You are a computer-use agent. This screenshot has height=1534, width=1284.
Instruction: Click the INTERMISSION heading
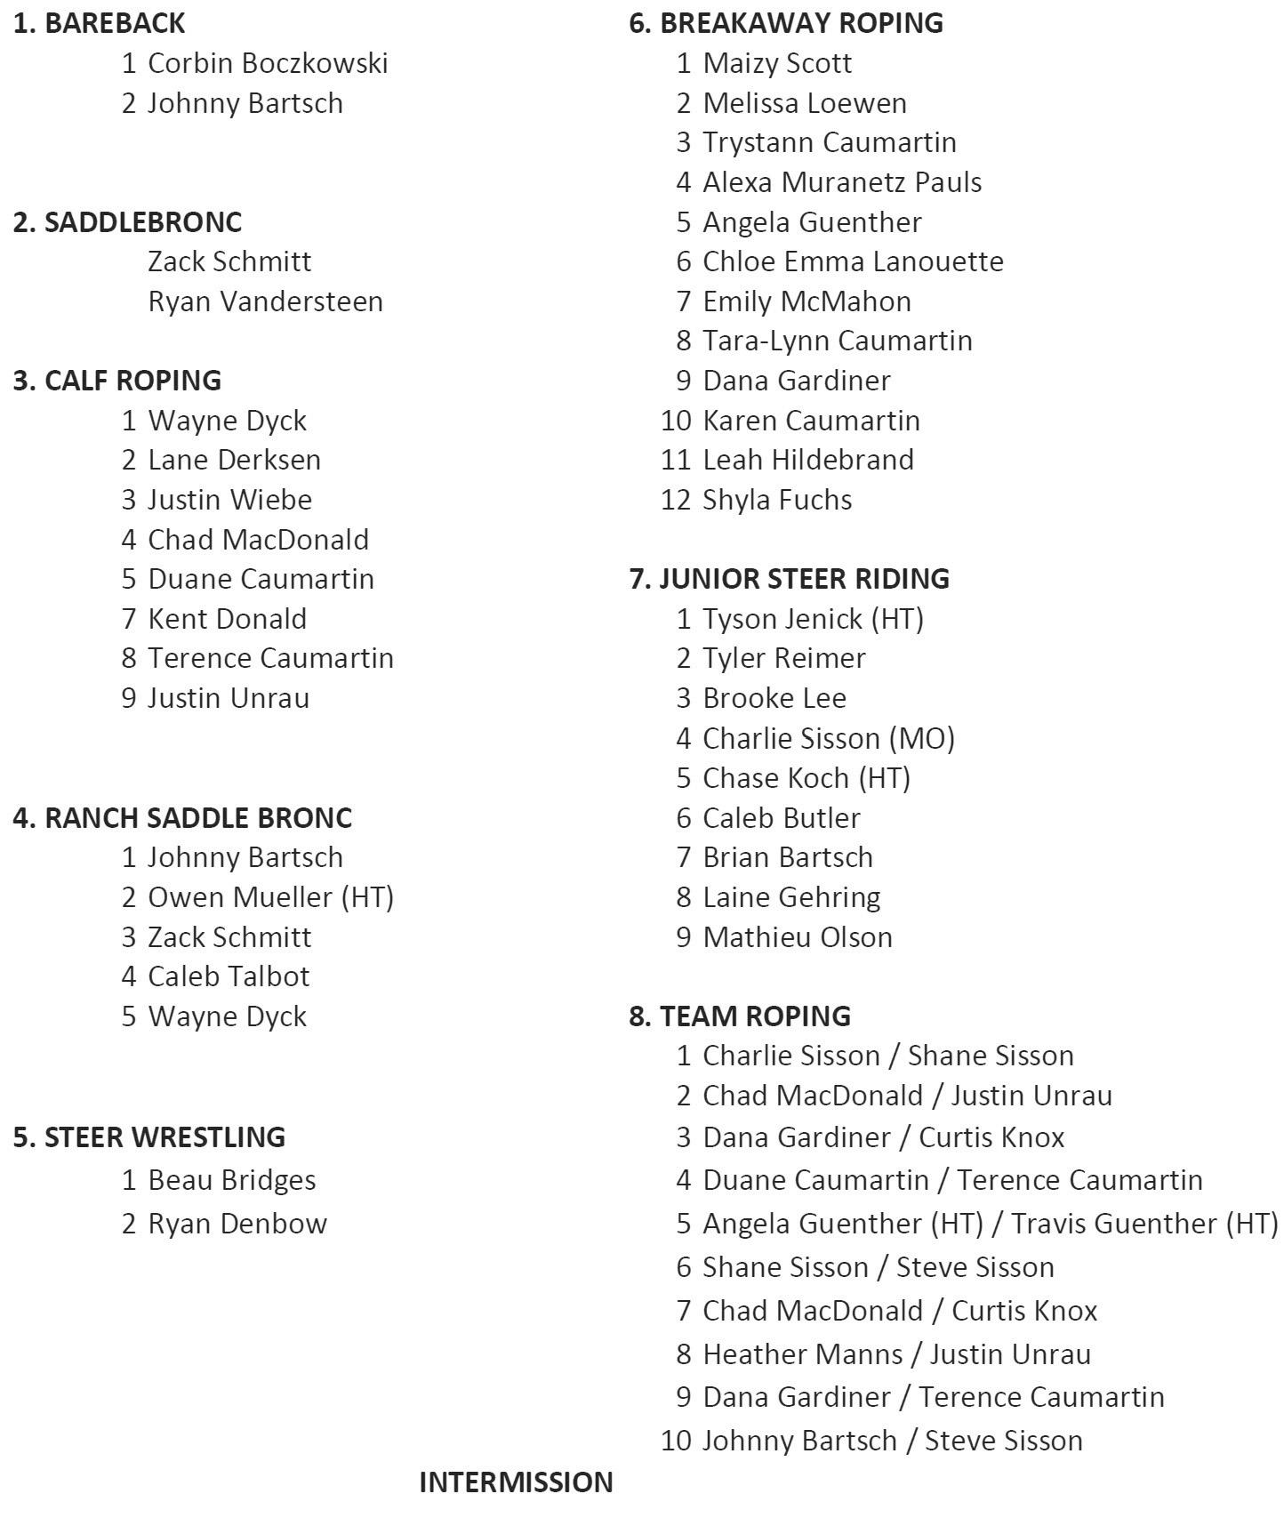point(516,1482)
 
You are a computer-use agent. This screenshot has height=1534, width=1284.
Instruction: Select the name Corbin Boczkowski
point(268,63)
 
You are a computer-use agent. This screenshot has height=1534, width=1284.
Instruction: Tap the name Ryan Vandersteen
point(265,301)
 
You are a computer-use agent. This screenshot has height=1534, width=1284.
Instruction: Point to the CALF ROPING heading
point(117,380)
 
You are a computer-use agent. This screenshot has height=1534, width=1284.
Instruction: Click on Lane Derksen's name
point(234,460)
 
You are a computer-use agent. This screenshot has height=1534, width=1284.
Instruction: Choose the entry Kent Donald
point(227,619)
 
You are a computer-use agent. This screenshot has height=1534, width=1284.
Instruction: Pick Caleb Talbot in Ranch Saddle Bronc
point(229,976)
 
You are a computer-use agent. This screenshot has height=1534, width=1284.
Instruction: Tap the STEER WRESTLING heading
point(149,1136)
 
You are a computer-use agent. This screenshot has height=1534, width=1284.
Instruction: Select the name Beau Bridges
point(231,1180)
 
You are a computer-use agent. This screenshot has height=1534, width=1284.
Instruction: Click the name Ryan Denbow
point(237,1224)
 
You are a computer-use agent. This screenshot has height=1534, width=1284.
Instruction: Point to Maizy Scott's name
point(777,63)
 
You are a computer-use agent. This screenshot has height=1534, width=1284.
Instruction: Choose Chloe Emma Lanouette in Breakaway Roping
point(853,261)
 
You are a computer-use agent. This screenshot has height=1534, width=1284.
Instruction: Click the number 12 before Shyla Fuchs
point(676,500)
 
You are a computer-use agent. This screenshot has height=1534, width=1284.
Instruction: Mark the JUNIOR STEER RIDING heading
point(789,578)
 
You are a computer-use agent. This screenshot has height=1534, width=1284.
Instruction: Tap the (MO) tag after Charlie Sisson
point(925,738)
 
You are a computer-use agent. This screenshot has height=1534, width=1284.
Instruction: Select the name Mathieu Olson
point(798,937)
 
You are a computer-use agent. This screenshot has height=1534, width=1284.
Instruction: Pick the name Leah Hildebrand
point(808,460)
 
